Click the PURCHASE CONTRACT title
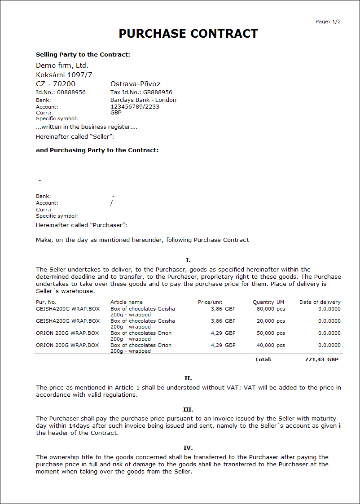[x=188, y=34]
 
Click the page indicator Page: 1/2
[x=328, y=22]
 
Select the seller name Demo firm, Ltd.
[x=62, y=66]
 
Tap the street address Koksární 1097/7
[x=64, y=75]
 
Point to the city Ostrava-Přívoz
[x=135, y=84]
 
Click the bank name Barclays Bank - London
[x=143, y=100]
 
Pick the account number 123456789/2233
[x=135, y=107]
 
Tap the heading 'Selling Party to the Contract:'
[x=83, y=55]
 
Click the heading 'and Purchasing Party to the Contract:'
[x=97, y=150]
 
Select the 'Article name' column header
[x=127, y=302]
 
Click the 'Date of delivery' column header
[x=320, y=302]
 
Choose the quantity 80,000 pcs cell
[x=271, y=309]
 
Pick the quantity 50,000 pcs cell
[x=271, y=333]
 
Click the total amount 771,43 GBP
[x=321, y=359]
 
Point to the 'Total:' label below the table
[x=263, y=359]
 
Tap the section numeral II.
[x=188, y=378]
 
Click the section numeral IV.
[x=188, y=448]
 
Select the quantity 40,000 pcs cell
[x=271, y=345]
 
